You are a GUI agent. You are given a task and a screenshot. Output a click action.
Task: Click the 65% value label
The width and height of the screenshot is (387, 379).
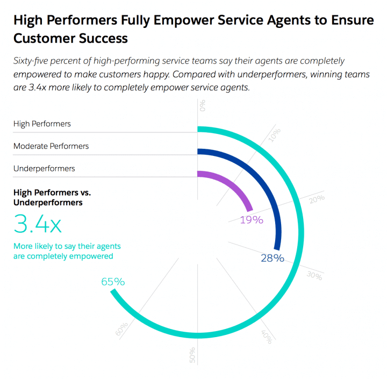(113, 281)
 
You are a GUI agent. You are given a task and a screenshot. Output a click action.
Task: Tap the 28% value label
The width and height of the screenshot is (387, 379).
(272, 258)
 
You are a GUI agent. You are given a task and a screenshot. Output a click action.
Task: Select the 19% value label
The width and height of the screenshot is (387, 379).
(252, 219)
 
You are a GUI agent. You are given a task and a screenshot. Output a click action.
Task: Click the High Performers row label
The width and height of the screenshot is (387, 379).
(42, 124)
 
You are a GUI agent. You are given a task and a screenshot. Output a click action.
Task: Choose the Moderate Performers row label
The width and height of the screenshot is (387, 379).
(51, 146)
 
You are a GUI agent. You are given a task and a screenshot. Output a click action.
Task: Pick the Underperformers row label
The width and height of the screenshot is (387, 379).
(44, 168)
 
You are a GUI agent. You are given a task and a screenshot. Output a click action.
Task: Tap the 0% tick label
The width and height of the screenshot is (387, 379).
(203, 104)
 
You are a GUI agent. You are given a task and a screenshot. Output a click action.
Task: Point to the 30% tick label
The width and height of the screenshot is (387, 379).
(314, 276)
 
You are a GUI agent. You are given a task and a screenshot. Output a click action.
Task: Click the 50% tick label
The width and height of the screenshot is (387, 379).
(192, 355)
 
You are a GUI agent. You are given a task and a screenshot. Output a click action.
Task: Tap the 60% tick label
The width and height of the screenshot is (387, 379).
(121, 329)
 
